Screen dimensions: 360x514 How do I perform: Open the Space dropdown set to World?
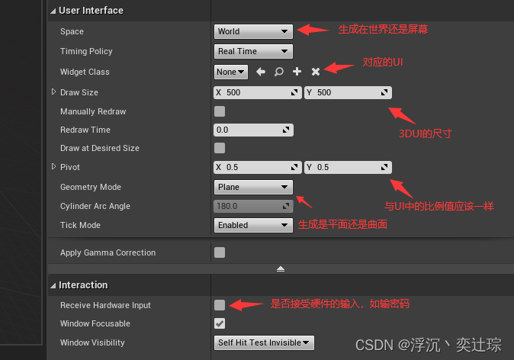point(253,31)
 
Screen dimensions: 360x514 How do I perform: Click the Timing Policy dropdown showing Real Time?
point(253,51)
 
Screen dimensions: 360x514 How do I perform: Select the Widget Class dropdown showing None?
point(231,72)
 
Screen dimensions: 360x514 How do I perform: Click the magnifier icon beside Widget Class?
point(279,72)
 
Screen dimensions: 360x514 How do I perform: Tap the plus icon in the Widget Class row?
point(297,72)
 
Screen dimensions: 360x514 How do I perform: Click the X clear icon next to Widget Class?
point(316,72)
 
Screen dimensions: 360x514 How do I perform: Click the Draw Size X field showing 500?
point(258,92)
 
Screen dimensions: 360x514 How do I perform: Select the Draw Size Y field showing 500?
point(348,92)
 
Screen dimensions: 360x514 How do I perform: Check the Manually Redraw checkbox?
point(220,111)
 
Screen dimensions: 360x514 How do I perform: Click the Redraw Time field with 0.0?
point(253,130)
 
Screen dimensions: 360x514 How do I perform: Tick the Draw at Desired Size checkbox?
point(220,148)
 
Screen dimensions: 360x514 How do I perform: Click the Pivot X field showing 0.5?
point(258,167)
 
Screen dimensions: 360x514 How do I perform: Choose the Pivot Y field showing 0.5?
point(348,167)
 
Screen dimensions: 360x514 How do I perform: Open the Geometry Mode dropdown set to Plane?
point(253,187)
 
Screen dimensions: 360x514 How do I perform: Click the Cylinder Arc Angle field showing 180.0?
point(253,206)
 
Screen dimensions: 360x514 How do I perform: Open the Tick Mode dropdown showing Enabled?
point(253,225)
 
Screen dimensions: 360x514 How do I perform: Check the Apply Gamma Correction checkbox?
point(220,252)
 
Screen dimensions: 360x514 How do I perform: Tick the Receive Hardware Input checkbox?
point(220,305)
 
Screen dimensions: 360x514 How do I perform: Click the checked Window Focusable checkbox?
point(220,324)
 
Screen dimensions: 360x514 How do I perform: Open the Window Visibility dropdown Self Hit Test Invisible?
point(264,342)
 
